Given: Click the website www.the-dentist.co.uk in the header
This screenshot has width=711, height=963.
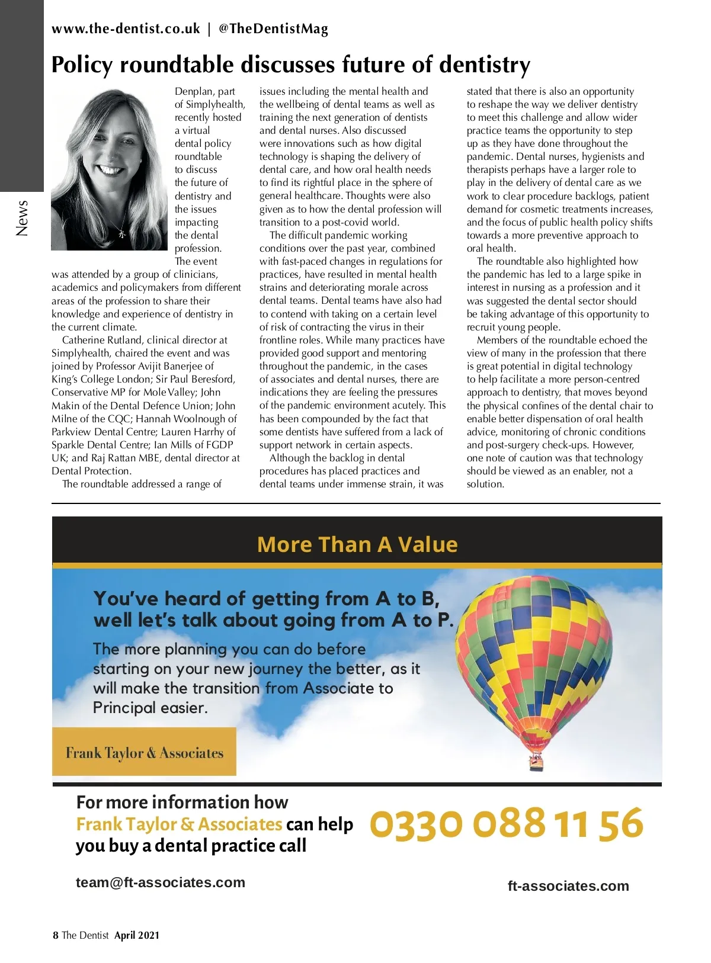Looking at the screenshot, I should [126, 28].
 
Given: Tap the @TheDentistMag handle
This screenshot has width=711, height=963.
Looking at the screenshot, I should [273, 28].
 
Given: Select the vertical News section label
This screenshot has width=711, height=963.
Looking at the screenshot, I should [22, 218].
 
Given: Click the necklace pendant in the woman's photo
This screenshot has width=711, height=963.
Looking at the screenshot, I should [122, 233].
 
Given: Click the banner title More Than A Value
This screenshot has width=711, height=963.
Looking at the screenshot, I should [357, 544].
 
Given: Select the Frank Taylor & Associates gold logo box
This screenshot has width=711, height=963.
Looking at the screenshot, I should [144, 752].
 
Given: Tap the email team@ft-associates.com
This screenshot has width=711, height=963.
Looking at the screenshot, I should [160, 882].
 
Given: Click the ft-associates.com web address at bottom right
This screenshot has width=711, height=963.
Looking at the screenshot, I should [568, 886].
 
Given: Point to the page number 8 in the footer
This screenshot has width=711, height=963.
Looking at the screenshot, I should [56, 935].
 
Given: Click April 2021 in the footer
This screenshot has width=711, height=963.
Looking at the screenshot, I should [137, 935].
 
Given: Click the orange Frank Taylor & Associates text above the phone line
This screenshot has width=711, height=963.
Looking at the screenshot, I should [179, 824].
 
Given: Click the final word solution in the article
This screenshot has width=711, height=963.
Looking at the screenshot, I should [485, 484].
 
